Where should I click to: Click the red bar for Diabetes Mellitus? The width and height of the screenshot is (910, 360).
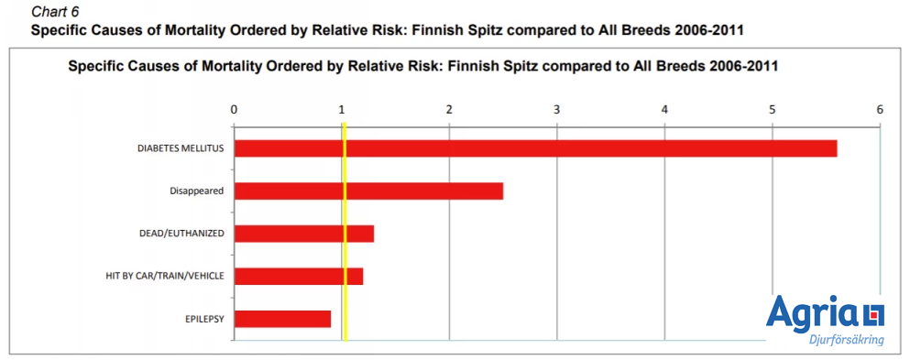click(535, 148)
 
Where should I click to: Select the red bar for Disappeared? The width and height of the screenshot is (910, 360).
click(368, 191)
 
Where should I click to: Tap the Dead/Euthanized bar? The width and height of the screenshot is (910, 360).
click(303, 234)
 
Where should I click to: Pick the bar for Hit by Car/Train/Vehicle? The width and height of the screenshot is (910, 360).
click(299, 276)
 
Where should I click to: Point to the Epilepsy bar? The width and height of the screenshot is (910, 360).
click(282, 319)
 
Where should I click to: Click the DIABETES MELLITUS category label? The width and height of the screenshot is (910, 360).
click(181, 148)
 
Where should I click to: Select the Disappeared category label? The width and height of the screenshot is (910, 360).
click(197, 191)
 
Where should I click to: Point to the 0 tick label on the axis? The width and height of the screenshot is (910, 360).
click(235, 110)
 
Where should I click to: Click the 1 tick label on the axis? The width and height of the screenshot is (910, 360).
click(342, 110)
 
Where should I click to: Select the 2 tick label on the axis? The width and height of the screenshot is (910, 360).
click(450, 110)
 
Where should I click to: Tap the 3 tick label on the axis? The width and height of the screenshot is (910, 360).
click(557, 110)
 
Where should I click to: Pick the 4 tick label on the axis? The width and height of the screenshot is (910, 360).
click(664, 110)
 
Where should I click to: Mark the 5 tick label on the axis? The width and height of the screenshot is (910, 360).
click(773, 110)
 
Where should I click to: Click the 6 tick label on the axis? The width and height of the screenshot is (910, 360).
click(880, 110)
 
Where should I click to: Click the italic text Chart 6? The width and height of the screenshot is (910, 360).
click(57, 12)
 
